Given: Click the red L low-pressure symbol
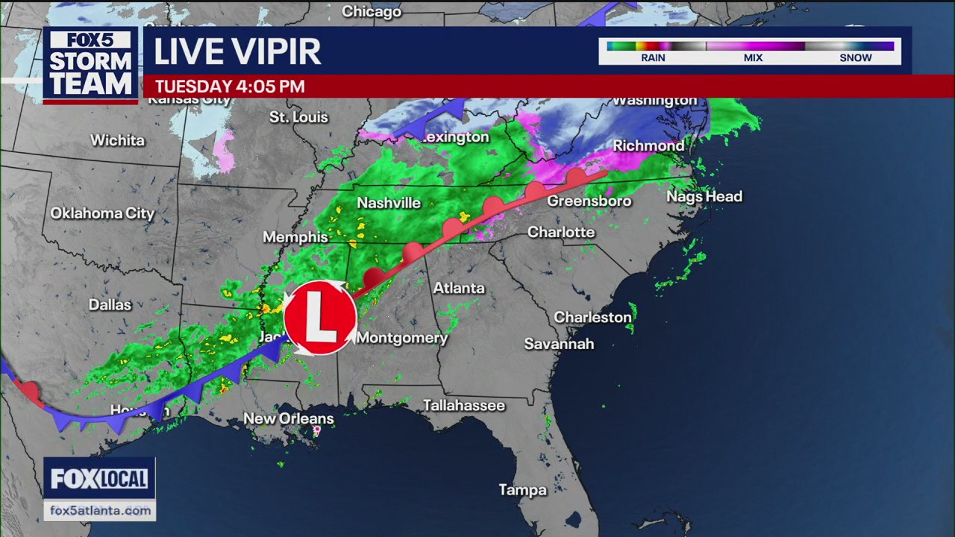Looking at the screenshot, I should (320, 317).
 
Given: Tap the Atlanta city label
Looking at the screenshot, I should (459, 288).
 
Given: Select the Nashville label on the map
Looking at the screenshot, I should (389, 203).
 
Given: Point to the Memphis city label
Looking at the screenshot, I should (295, 237).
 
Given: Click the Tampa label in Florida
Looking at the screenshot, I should (522, 490).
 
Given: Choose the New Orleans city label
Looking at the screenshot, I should (289, 418).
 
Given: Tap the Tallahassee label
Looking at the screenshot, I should (464, 406).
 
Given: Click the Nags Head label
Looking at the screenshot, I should (704, 196).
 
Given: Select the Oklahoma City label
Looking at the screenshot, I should (102, 213).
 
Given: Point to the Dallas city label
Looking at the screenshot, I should (110, 304).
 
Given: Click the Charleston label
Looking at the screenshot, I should (592, 317).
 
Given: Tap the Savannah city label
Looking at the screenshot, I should (559, 344).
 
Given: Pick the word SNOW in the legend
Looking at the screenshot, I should (856, 58).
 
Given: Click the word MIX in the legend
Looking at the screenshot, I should (753, 58).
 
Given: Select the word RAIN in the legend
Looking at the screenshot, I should (653, 58).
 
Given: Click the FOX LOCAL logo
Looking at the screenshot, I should (99, 479).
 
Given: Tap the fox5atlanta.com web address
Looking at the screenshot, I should (99, 510).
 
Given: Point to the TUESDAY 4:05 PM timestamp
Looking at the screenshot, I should (230, 87).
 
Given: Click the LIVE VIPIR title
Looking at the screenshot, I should (237, 51).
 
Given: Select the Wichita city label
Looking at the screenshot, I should (117, 140).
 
